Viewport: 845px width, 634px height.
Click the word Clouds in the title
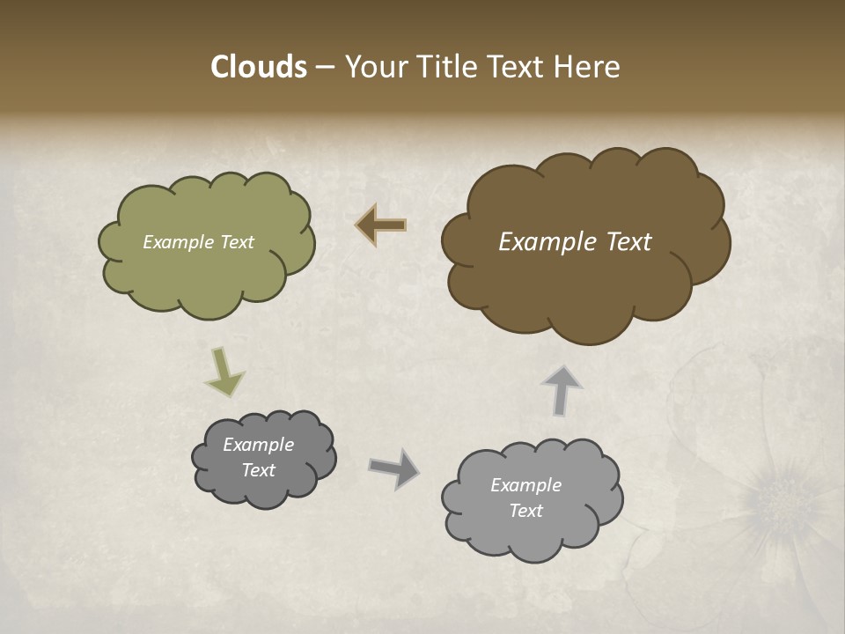click(258, 67)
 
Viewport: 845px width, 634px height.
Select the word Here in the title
click(586, 67)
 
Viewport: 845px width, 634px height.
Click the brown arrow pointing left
click(381, 225)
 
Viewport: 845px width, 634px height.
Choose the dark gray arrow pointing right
click(394, 468)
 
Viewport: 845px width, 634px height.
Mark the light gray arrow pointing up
click(562, 390)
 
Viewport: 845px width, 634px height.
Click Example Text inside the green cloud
click(198, 242)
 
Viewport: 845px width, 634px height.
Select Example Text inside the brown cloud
click(575, 242)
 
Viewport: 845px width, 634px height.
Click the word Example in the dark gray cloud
click(258, 445)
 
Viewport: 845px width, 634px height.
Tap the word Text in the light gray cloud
click(525, 511)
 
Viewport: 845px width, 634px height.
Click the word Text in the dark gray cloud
click(258, 470)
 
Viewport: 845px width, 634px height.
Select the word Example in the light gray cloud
click(525, 485)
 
